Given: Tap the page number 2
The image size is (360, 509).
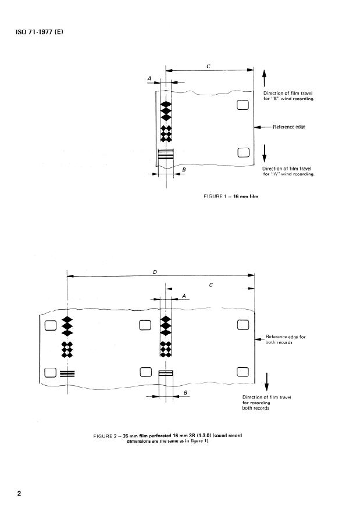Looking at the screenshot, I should pyautogui.click(x=19, y=494).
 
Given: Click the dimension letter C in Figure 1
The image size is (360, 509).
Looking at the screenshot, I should pyautogui.click(x=208, y=67).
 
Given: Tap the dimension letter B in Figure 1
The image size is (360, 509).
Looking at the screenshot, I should pyautogui.click(x=184, y=170).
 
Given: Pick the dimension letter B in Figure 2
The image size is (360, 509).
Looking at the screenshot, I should pyautogui.click(x=185, y=392).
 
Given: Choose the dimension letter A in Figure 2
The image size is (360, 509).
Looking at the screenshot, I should pyautogui.click(x=184, y=296).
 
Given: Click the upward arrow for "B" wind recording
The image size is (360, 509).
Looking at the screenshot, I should pyautogui.click(x=265, y=78).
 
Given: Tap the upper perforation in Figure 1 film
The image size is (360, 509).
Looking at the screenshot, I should pyautogui.click(x=243, y=105).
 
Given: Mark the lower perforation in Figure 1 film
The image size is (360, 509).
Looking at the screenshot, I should pyautogui.click(x=243, y=152).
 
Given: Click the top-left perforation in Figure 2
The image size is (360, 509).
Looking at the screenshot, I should pyautogui.click(x=49, y=325).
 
